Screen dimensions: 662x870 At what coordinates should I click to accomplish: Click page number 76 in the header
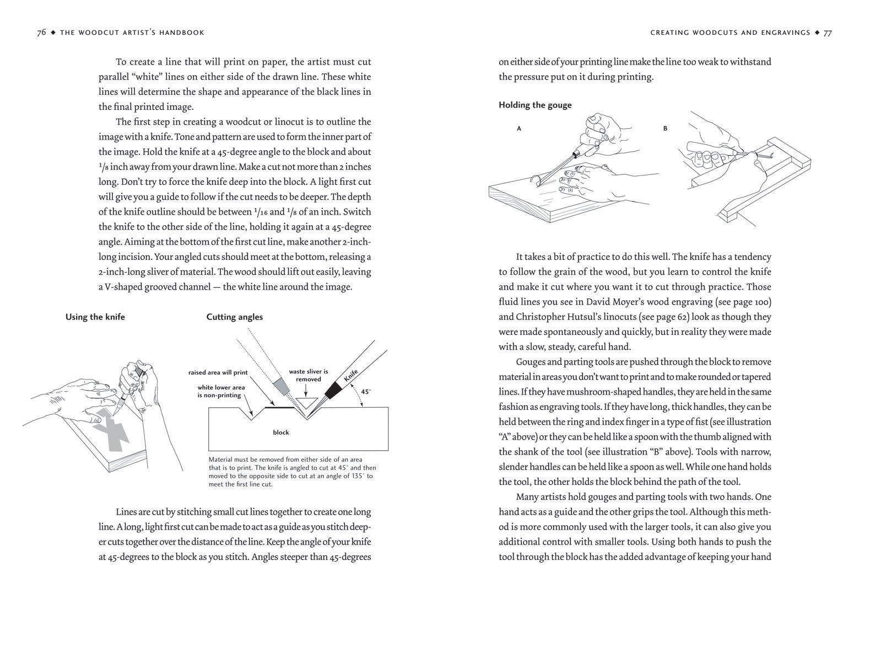point(41,33)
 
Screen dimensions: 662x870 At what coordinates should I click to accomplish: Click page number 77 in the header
point(828,33)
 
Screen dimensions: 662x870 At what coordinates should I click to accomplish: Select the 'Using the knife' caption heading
point(95,317)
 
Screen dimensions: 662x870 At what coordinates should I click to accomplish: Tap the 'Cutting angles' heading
point(235,317)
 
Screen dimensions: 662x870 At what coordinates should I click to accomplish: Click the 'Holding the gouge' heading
point(535,105)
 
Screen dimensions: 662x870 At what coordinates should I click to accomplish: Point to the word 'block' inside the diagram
point(281,433)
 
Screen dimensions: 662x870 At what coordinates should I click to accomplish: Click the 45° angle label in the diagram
point(366,392)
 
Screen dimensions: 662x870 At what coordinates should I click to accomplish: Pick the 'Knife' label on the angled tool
point(351,376)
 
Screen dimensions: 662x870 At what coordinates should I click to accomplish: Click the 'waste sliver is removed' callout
point(309,375)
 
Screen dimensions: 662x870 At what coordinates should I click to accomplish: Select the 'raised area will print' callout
point(218,372)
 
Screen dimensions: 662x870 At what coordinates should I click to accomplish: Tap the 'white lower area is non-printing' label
point(221,391)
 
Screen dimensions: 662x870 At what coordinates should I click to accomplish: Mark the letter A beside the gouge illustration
point(519,129)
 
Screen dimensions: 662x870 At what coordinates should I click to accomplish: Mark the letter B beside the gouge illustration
point(666,129)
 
